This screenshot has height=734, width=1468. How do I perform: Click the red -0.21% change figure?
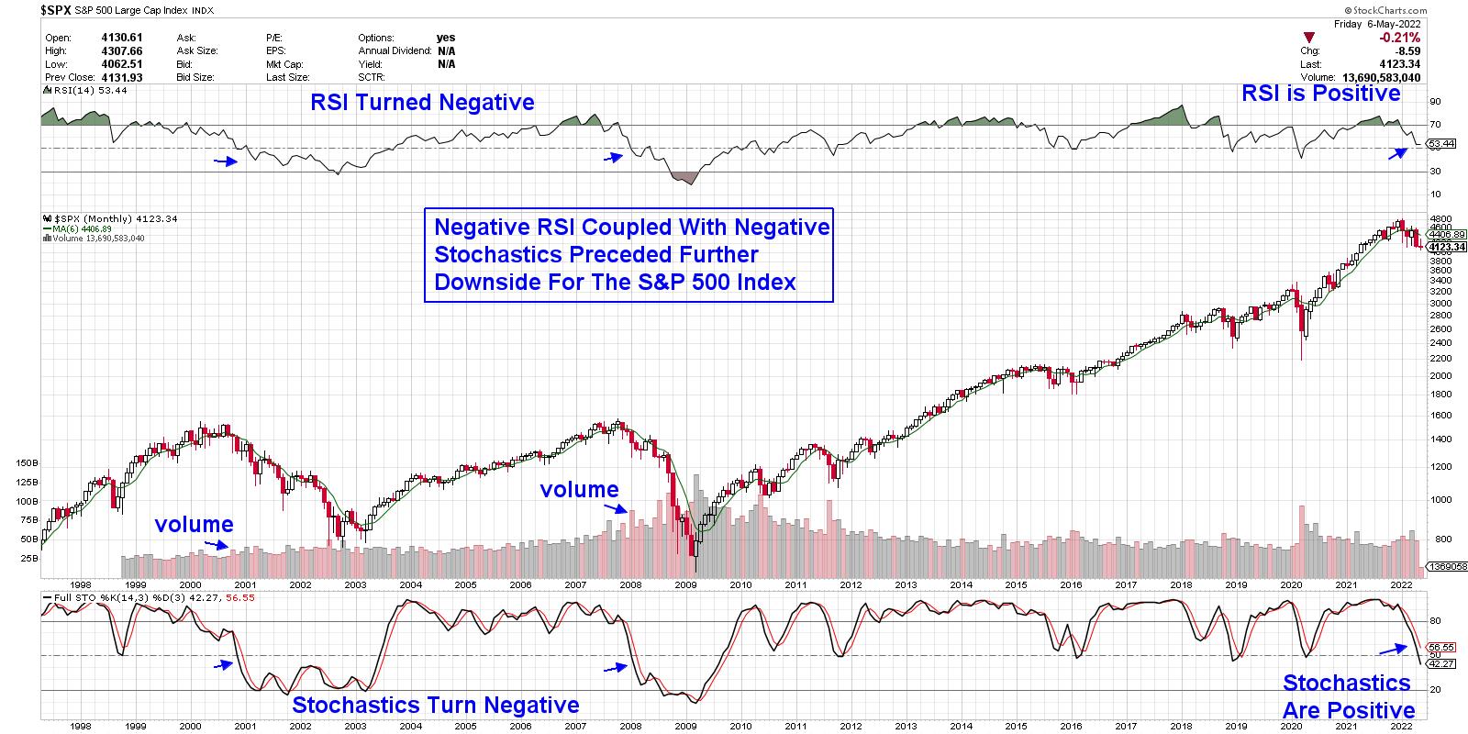pyautogui.click(x=1400, y=38)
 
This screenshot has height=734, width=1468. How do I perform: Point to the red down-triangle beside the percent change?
pyautogui.click(x=1309, y=38)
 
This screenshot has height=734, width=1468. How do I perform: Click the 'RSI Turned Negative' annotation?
pyautogui.click(x=422, y=102)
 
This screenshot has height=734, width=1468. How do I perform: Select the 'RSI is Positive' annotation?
pyautogui.click(x=1320, y=93)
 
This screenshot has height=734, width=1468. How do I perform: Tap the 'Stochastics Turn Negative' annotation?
pyautogui.click(x=435, y=705)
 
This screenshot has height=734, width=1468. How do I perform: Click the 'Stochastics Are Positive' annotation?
pyautogui.click(x=1348, y=696)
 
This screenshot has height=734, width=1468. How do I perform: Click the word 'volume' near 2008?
pyautogui.click(x=579, y=489)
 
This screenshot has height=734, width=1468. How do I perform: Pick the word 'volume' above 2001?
pyautogui.click(x=194, y=524)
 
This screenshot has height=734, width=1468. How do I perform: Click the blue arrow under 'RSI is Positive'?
pyautogui.click(x=1396, y=153)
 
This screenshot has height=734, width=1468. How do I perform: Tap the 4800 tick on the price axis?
pyautogui.click(x=1440, y=219)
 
